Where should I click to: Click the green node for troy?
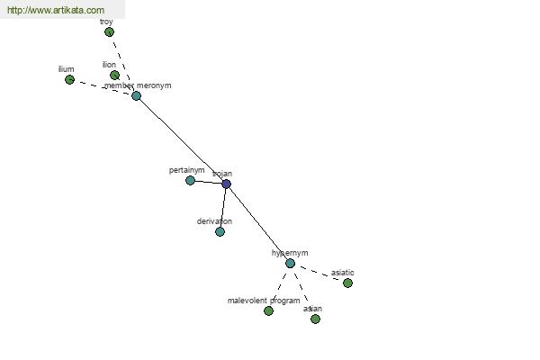coord(109,32)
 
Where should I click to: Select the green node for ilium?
coord(69,80)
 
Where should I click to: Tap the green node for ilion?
coord(114,76)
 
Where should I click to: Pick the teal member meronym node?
coord(136,95)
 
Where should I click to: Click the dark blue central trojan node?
coord(226,184)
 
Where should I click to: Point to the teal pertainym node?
coord(190,180)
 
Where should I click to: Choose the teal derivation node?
coord(220,231)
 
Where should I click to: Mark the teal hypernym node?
coord(290,263)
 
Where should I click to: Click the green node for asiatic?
coord(347,283)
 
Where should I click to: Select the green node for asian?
coord(315,319)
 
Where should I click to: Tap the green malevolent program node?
coord(268,310)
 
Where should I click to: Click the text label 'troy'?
coord(106,21)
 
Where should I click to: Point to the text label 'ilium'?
coord(66,68)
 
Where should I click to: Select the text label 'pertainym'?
coord(186,170)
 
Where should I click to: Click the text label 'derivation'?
coord(214,220)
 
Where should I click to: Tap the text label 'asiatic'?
coord(343,272)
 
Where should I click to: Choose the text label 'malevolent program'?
coord(264,300)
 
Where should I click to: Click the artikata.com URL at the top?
coord(56,10)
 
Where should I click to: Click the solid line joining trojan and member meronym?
coord(180,139)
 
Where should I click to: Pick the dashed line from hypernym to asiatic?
coord(319,273)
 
